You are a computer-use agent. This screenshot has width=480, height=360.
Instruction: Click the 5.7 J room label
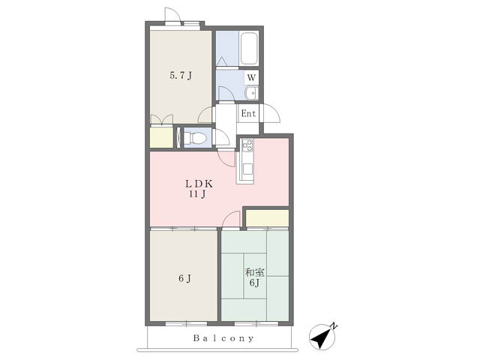(x=181, y=75)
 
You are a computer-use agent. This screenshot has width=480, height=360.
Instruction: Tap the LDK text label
(x=199, y=184)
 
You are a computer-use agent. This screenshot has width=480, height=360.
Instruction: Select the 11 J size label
(x=197, y=193)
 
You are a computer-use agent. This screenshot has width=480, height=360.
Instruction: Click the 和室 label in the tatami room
(x=255, y=272)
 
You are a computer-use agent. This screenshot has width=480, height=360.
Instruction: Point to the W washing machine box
(x=251, y=77)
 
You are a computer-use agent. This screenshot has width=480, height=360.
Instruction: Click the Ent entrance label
(x=248, y=114)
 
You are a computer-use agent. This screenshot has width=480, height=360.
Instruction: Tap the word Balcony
(x=223, y=338)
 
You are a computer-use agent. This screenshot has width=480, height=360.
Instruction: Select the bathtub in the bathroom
(x=248, y=48)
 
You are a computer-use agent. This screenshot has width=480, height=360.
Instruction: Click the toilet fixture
(x=194, y=138)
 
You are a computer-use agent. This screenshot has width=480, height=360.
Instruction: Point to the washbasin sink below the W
(x=251, y=93)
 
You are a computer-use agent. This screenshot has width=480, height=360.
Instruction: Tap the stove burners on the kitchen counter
(x=247, y=145)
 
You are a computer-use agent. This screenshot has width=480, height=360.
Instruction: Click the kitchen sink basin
(x=247, y=169)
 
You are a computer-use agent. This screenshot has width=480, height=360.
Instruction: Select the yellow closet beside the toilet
(x=162, y=137)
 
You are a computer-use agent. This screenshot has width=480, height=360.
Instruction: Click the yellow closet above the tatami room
(x=268, y=218)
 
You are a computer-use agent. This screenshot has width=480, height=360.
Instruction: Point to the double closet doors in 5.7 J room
(x=162, y=119)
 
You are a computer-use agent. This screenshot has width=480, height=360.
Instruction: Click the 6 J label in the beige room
(x=185, y=278)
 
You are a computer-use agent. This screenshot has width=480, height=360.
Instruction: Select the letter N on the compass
(x=334, y=326)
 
